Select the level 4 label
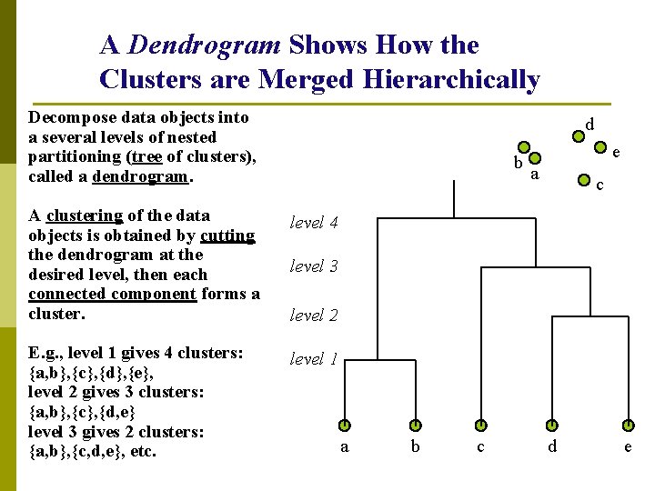coord(314,222)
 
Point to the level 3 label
coord(314,266)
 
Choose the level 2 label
coord(314,315)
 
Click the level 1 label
coord(314,359)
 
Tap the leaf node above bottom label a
coord(346,425)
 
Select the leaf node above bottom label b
coord(415,425)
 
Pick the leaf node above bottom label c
coord(481,425)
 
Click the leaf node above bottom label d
coord(551,425)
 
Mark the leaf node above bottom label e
coord(628,425)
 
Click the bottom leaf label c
coord(481,446)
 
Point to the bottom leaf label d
coord(551,446)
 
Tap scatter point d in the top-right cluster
coord(577,136)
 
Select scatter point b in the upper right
coord(523,146)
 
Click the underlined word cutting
coord(227,235)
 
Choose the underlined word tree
coord(145,156)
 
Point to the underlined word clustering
coord(85,215)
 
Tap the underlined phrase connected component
coord(112,294)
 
